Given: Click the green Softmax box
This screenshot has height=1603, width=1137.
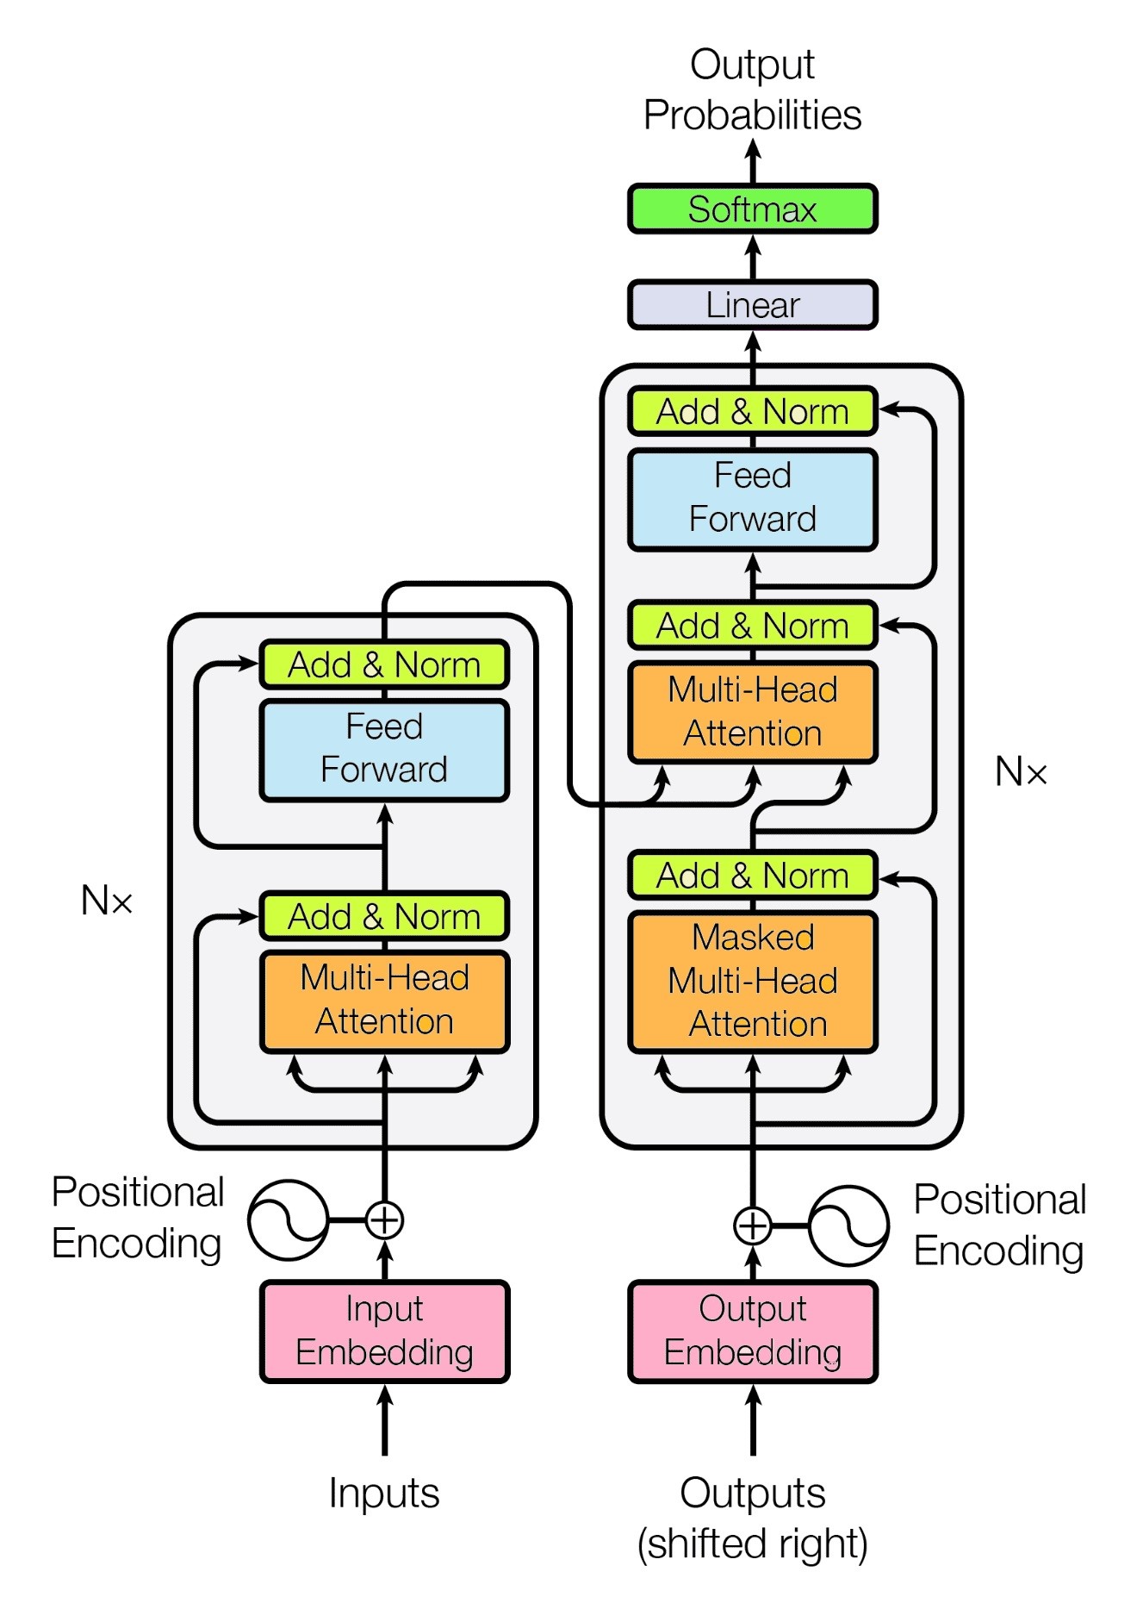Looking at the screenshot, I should pos(752,209).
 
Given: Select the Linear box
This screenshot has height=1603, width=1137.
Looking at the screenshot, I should pos(752,304).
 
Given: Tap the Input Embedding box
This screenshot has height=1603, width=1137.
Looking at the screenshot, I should pos(384,1331).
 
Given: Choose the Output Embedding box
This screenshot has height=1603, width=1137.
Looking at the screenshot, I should pos(752,1331).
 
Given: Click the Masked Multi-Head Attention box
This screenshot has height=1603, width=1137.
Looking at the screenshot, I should pos(752,981).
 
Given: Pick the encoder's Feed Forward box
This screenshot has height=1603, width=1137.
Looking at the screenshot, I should pos(384,749).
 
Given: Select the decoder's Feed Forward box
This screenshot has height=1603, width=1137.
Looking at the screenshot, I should pos(752,498).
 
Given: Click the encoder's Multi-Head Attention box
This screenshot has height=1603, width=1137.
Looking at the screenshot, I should pos(384,1001).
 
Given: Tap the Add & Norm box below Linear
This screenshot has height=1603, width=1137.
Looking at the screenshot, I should pos(752,411).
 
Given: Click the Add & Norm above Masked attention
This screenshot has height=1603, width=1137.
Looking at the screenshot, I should pos(752,875).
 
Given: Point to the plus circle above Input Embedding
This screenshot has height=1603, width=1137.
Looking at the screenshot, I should pos(384,1219).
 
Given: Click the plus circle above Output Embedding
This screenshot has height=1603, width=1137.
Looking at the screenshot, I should pos(752,1225).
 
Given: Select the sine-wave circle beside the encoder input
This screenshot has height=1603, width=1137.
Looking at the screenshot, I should pos(288,1219).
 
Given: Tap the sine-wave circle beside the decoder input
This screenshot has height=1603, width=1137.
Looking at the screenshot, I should pos(848,1225).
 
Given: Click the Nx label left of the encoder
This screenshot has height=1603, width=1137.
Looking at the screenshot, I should pos(107,901).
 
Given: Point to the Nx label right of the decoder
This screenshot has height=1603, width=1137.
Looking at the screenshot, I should pos(1021,771).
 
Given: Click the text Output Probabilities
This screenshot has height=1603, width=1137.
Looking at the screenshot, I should pos(752,90).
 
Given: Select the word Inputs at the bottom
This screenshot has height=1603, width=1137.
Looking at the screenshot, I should pos(384,1493).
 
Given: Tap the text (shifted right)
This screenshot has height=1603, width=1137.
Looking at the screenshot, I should pos(752,1544).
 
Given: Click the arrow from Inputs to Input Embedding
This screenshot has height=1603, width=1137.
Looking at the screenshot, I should pos(384,1422).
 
